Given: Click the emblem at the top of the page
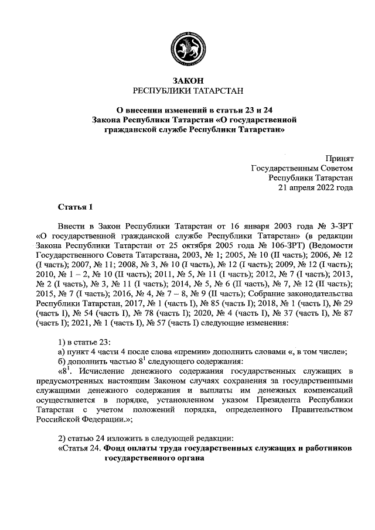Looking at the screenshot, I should coord(187,47).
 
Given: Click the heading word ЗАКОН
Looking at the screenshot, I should coord(187,80).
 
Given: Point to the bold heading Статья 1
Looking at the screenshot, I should coord(75,207).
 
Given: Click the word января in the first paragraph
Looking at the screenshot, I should coord(263,225).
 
